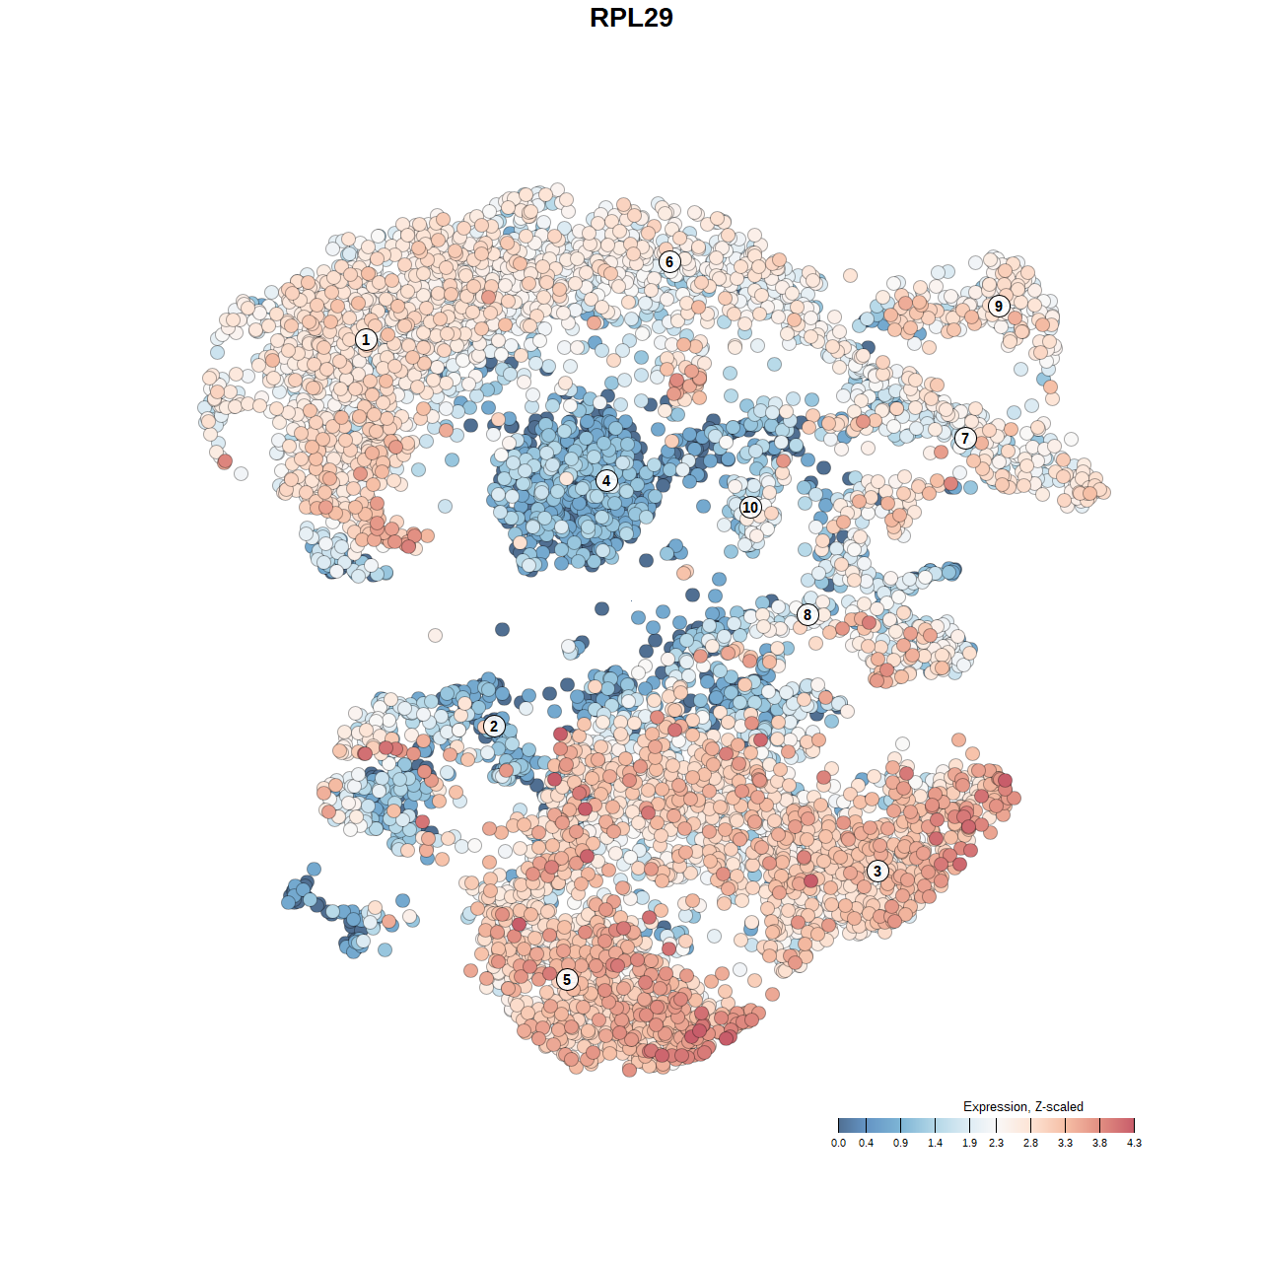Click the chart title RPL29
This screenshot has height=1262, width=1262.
(x=631, y=18)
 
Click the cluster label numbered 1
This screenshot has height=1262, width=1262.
(x=366, y=339)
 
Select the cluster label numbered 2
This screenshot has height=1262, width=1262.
(x=493, y=727)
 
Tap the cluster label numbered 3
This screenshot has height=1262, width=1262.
(x=876, y=871)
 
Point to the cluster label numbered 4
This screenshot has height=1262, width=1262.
(x=606, y=481)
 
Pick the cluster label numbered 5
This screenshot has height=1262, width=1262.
(x=567, y=979)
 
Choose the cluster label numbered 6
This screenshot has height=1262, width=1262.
(x=669, y=261)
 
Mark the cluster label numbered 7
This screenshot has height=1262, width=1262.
(x=965, y=438)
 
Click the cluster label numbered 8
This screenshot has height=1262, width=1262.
(x=807, y=614)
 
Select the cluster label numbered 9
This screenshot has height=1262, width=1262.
(x=999, y=306)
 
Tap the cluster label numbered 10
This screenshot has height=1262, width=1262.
(x=750, y=507)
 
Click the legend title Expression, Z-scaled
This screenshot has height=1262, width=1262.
(x=1022, y=1106)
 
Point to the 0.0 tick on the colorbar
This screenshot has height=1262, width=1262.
(x=838, y=1143)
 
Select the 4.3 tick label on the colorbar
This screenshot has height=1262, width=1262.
(x=1134, y=1143)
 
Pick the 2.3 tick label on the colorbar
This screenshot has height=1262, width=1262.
(x=996, y=1143)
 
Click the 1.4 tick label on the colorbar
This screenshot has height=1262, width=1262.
(x=935, y=1143)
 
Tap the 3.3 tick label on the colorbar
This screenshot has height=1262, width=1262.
(x=1065, y=1143)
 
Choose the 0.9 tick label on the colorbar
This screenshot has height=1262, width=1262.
(x=900, y=1143)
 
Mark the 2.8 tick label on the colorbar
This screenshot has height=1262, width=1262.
(x=1030, y=1143)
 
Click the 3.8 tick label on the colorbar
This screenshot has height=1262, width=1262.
(x=1099, y=1143)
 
